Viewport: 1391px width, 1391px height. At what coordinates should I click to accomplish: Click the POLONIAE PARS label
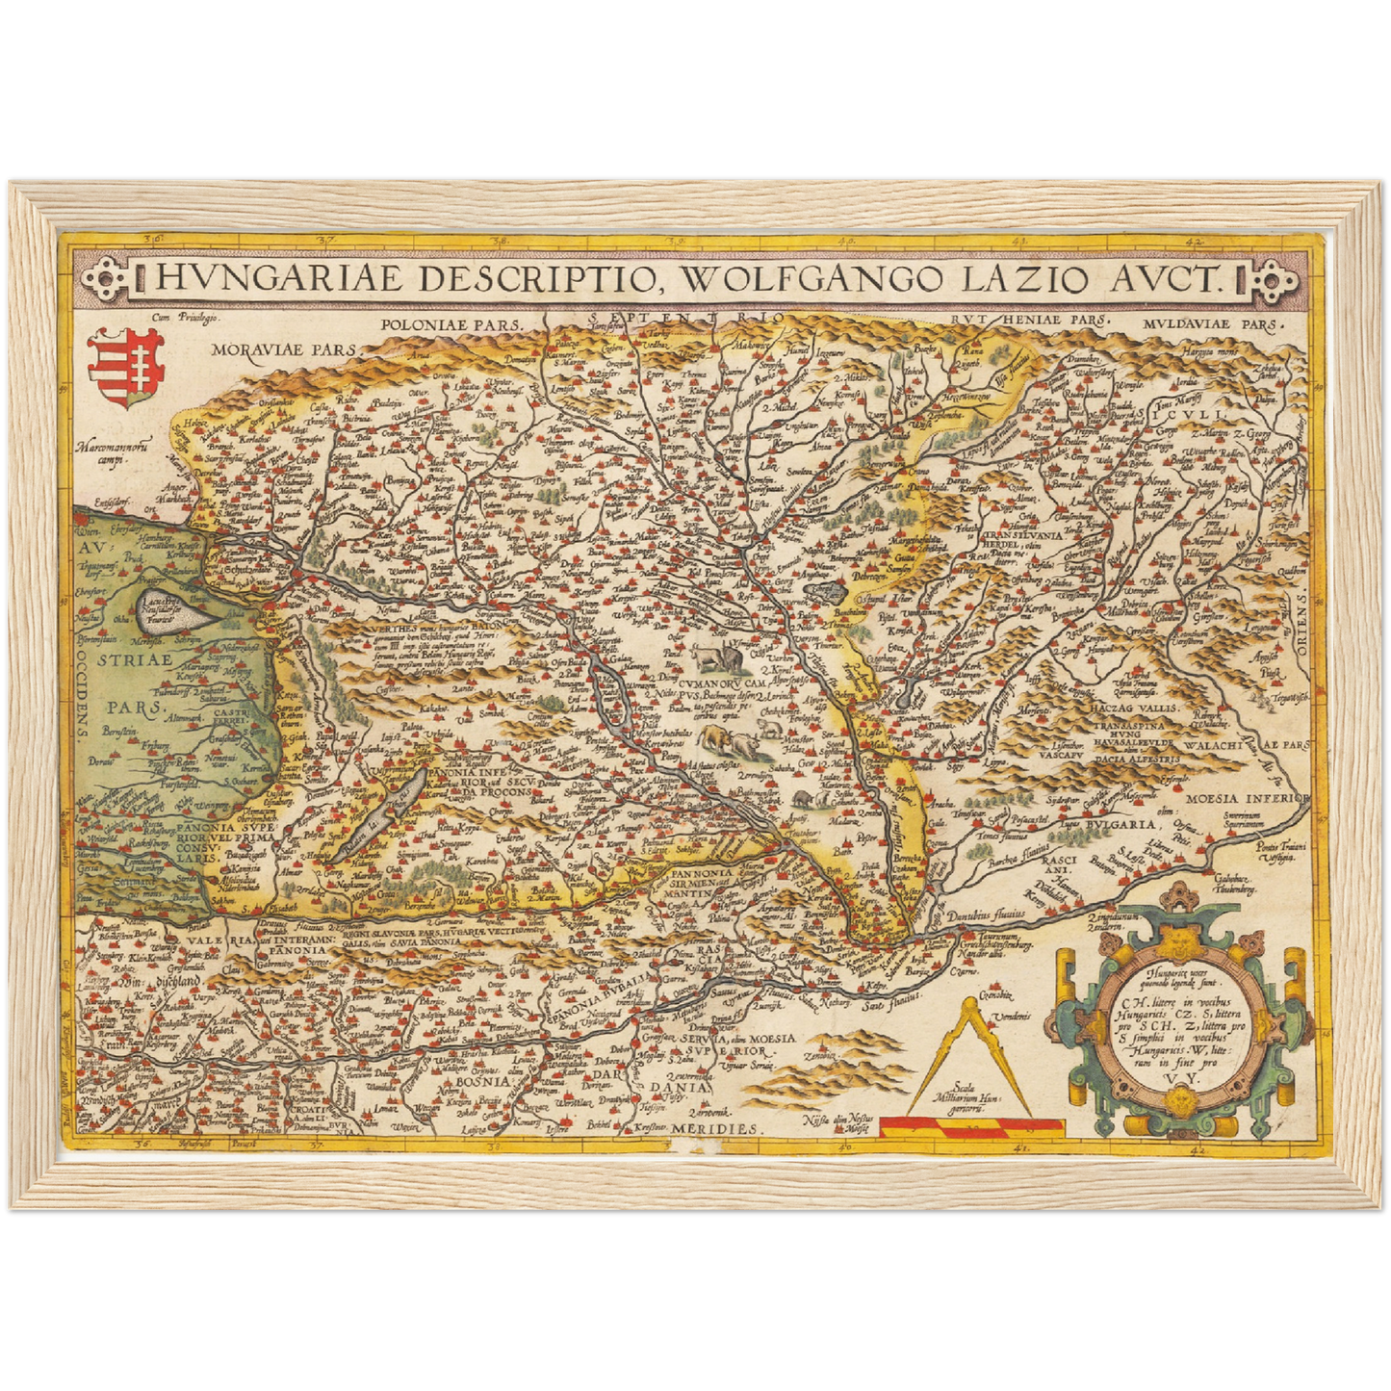click(x=450, y=325)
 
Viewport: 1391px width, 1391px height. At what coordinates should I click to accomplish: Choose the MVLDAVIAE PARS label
click(x=1213, y=324)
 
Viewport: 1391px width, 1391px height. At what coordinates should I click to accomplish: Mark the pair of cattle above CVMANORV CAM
click(x=714, y=659)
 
